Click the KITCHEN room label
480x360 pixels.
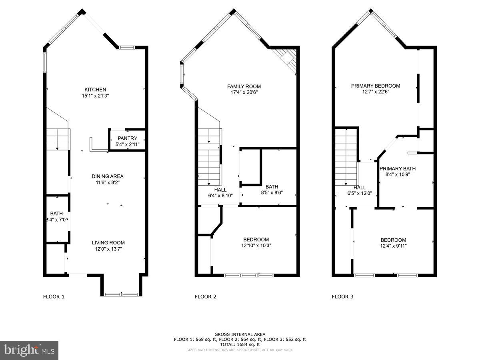click(95, 89)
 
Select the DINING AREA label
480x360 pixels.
click(108, 176)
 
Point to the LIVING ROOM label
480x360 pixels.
click(108, 242)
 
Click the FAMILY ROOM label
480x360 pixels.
click(244, 86)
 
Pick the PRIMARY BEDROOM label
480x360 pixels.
click(376, 86)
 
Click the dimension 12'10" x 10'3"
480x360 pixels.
click(256, 246)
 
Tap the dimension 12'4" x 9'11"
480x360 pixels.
click(393, 246)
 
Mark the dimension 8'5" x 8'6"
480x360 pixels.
click(272, 192)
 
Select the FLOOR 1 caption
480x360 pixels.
click(54, 296)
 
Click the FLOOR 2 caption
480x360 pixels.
click(206, 296)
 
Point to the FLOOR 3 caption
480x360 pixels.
click(342, 296)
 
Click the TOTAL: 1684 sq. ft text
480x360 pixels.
click(240, 344)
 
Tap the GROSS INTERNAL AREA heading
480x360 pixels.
click(240, 334)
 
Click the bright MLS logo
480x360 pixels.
click(29, 350)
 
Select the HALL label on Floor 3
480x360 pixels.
click(360, 187)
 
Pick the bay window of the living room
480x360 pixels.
click(121, 294)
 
